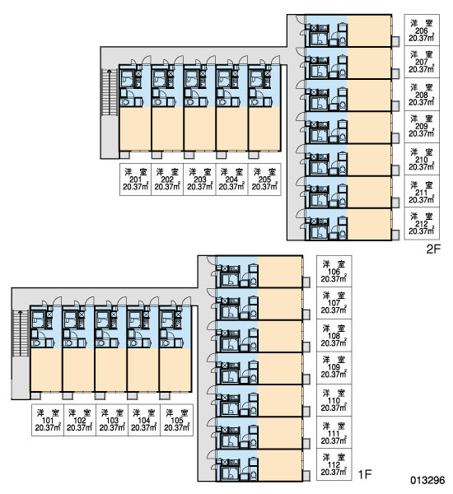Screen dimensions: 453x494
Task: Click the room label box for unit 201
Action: (x=136, y=179)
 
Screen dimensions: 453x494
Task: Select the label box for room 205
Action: (x=264, y=179)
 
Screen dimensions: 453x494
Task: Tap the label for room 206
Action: (x=422, y=30)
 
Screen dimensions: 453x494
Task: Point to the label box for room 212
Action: (x=422, y=223)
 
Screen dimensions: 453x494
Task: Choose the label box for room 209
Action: (x=422, y=126)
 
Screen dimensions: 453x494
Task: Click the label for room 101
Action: (x=48, y=420)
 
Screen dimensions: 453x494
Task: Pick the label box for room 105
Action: (x=176, y=420)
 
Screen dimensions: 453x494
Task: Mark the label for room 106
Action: (x=334, y=271)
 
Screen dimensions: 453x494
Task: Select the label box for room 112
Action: (x=334, y=464)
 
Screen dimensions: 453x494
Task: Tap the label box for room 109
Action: (x=334, y=368)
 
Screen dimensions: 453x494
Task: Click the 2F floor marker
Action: (x=433, y=249)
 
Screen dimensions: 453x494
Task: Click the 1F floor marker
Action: (x=365, y=474)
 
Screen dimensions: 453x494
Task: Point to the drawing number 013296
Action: (x=427, y=480)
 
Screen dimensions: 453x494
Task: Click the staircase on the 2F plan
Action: (x=110, y=91)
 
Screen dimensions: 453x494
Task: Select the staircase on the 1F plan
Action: (x=20, y=333)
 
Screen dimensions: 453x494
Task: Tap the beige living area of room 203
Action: (x=200, y=129)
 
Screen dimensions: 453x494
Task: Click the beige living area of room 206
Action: (x=369, y=31)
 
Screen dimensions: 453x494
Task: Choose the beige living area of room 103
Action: (x=111, y=370)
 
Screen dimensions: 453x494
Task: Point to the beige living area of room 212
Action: (x=369, y=224)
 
